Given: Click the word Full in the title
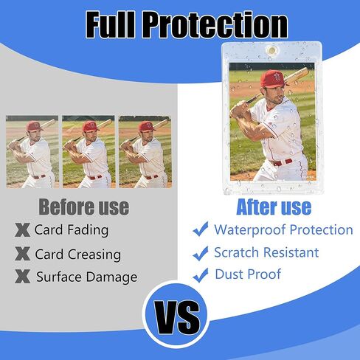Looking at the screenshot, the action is coord(111,25).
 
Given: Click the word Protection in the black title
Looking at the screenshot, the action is coord(215,25).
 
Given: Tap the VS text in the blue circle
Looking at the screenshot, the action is coord(177,316).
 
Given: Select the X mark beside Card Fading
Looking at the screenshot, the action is coord(22,230).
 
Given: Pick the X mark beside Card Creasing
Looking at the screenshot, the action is coord(22,254).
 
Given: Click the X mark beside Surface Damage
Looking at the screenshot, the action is coord(22,276).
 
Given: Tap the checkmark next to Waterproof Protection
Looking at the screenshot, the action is coord(201,229).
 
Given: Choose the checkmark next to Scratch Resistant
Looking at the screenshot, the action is coord(201,253).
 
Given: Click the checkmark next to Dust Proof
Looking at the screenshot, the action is coord(201,275).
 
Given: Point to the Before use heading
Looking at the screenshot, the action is coord(84,207).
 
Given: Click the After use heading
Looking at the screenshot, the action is coord(274,207).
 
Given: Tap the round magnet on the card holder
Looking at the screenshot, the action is coord(271,51).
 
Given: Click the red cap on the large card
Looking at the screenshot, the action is coord(274,79).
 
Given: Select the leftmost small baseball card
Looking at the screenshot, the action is coord(32,152).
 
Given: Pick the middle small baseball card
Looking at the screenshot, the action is coord(89,152).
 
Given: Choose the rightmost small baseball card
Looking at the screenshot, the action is coord(145,152).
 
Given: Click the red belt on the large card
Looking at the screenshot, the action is coord(281,162).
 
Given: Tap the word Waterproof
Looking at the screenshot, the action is coord(250,230).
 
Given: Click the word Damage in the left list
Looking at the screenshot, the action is coord(111,277).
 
